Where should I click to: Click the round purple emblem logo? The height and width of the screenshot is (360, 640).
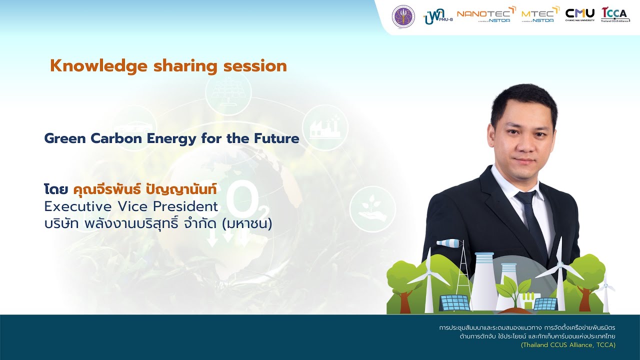coord(403,16)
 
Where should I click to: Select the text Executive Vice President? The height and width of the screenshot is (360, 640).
coord(131,206)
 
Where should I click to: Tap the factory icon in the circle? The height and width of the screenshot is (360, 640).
coord(324,127)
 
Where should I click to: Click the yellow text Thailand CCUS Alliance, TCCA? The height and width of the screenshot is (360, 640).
coord(568,345)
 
